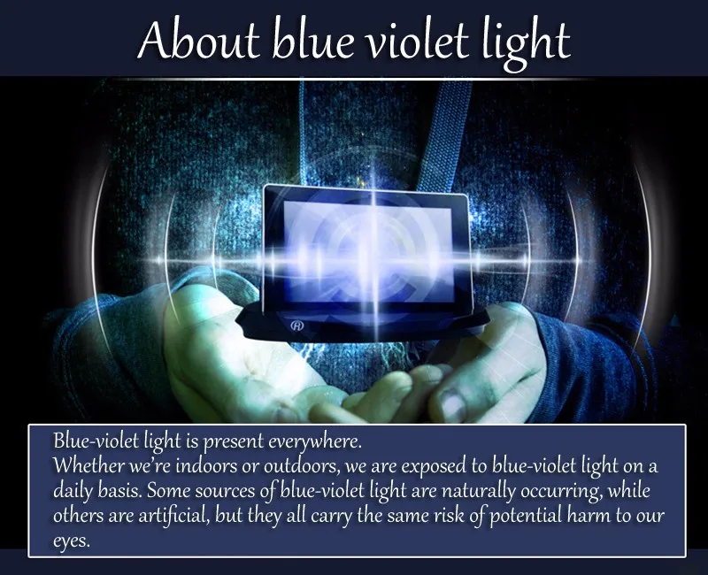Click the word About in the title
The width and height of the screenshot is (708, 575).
pyautogui.click(x=199, y=41)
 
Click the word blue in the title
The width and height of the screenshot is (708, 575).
pyautogui.click(x=312, y=41)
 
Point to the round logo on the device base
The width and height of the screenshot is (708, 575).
pyautogui.click(x=297, y=325)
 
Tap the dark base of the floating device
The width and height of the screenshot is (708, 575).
pyautogui.click(x=361, y=323)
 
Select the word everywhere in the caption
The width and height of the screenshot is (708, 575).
pyautogui.click(x=315, y=441)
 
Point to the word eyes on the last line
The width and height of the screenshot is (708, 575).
pyautogui.click(x=72, y=540)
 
